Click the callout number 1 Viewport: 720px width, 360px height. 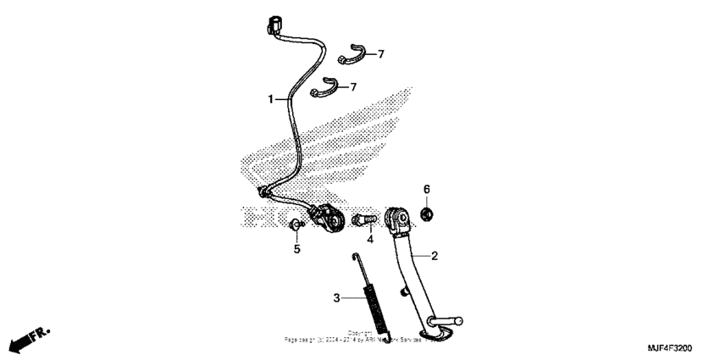pyautogui.click(x=272, y=99)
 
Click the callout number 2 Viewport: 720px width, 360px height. pyautogui.click(x=435, y=255)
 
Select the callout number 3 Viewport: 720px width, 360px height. pyautogui.click(x=336, y=297)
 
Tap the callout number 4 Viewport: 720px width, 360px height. pyautogui.click(x=370, y=239)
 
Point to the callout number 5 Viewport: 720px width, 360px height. pyautogui.click(x=297, y=249)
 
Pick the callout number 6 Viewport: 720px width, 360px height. pyautogui.click(x=427, y=188)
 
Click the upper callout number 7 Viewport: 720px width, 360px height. pyautogui.click(x=380, y=54)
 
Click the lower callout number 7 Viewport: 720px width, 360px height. pyautogui.click(x=353, y=86)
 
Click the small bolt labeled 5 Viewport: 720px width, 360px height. pyautogui.click(x=295, y=225)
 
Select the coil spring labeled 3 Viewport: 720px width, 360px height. pyautogui.click(x=372, y=304)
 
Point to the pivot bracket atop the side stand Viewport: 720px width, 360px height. pyautogui.click(x=399, y=222)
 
